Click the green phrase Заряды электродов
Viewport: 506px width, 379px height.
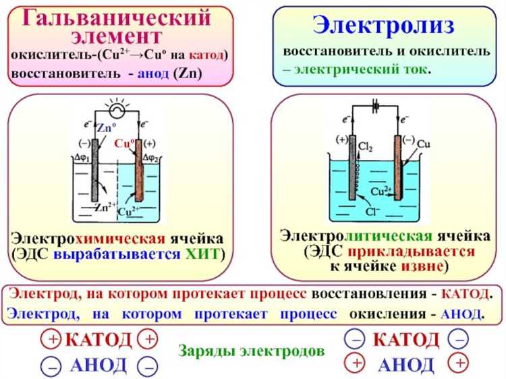[x=251, y=351]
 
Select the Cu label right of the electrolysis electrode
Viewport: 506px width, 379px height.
[x=423, y=144]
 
